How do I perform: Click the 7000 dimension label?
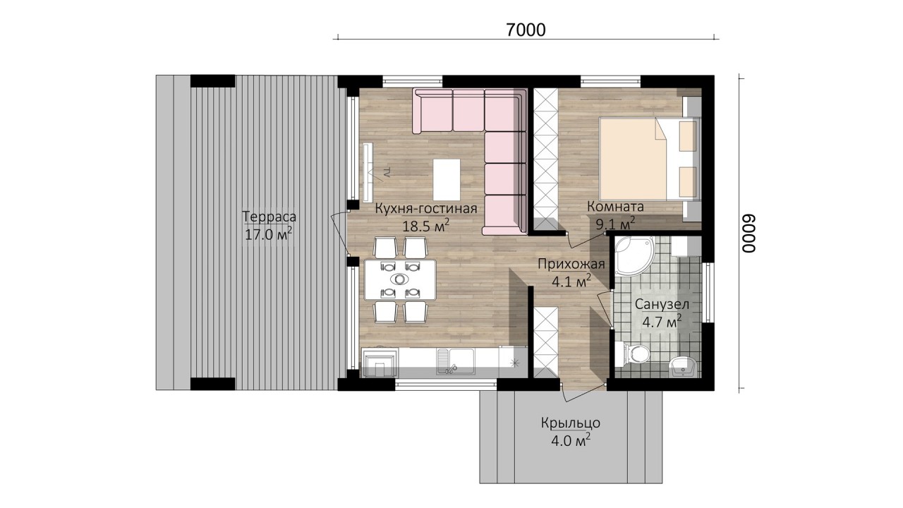526,30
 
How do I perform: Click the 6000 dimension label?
749,233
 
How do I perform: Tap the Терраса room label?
269,217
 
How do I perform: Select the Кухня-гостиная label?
426,208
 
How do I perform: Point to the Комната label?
615,207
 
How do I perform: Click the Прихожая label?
571,265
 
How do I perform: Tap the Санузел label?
662,304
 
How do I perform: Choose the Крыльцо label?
571,423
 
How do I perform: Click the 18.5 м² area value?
425,226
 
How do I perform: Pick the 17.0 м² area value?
269,234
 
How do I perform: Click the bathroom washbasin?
682,366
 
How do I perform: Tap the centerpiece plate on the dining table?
400,279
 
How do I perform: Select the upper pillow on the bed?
688,136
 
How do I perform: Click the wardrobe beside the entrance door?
546,343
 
